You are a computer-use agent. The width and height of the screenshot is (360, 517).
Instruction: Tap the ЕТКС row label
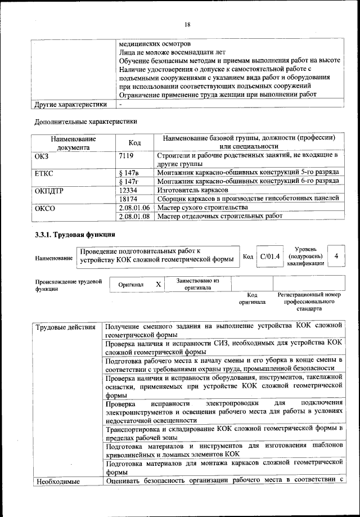coord(44,172)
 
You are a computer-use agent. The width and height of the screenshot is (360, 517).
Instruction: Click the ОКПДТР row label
coord(49,190)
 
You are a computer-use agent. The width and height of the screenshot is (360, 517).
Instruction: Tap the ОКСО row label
coord(44,208)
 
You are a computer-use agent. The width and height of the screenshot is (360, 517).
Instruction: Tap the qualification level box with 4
coord(336,256)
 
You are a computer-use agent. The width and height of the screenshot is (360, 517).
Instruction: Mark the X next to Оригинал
coord(159,285)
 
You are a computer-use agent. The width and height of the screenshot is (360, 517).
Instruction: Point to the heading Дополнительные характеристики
coord(85,121)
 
